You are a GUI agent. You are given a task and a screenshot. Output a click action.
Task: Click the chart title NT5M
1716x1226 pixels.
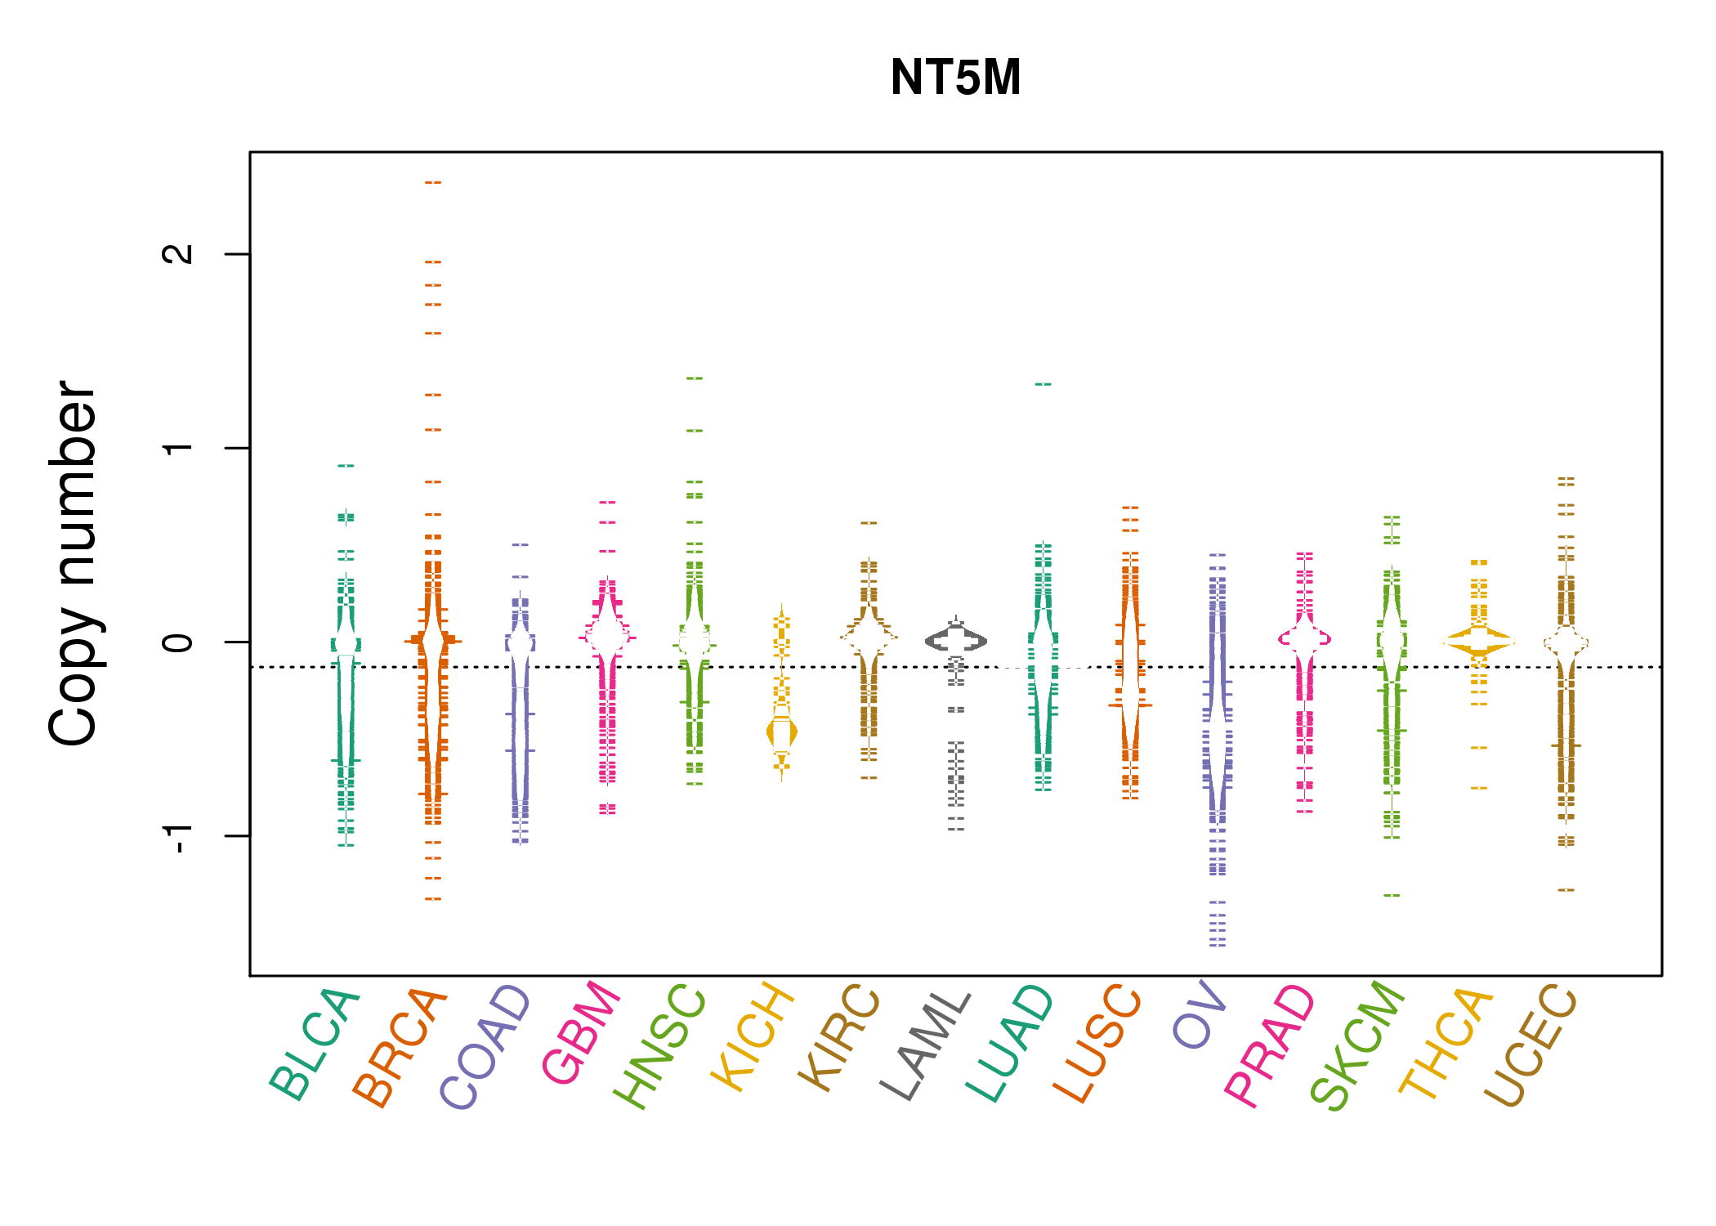[955, 78]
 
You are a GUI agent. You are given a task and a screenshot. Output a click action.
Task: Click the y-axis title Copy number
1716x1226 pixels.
[73, 563]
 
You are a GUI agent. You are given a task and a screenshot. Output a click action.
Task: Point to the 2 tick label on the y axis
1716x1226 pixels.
[178, 254]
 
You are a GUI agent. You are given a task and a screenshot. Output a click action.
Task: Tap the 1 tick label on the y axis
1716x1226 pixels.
[178, 448]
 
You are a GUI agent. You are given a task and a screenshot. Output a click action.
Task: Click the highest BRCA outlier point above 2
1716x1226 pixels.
[433, 182]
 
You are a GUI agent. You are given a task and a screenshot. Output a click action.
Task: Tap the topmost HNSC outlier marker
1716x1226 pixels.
[695, 378]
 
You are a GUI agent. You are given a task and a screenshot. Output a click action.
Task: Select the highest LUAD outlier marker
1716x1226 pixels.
[1043, 384]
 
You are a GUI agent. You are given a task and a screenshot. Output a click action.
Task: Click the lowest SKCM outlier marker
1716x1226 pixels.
[1392, 896]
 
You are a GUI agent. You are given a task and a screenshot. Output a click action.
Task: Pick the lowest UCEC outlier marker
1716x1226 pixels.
[1566, 890]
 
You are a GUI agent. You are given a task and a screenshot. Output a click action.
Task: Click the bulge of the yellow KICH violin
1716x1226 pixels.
[782, 732]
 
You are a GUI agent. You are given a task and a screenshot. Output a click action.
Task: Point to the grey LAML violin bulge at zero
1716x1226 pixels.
[956, 642]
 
